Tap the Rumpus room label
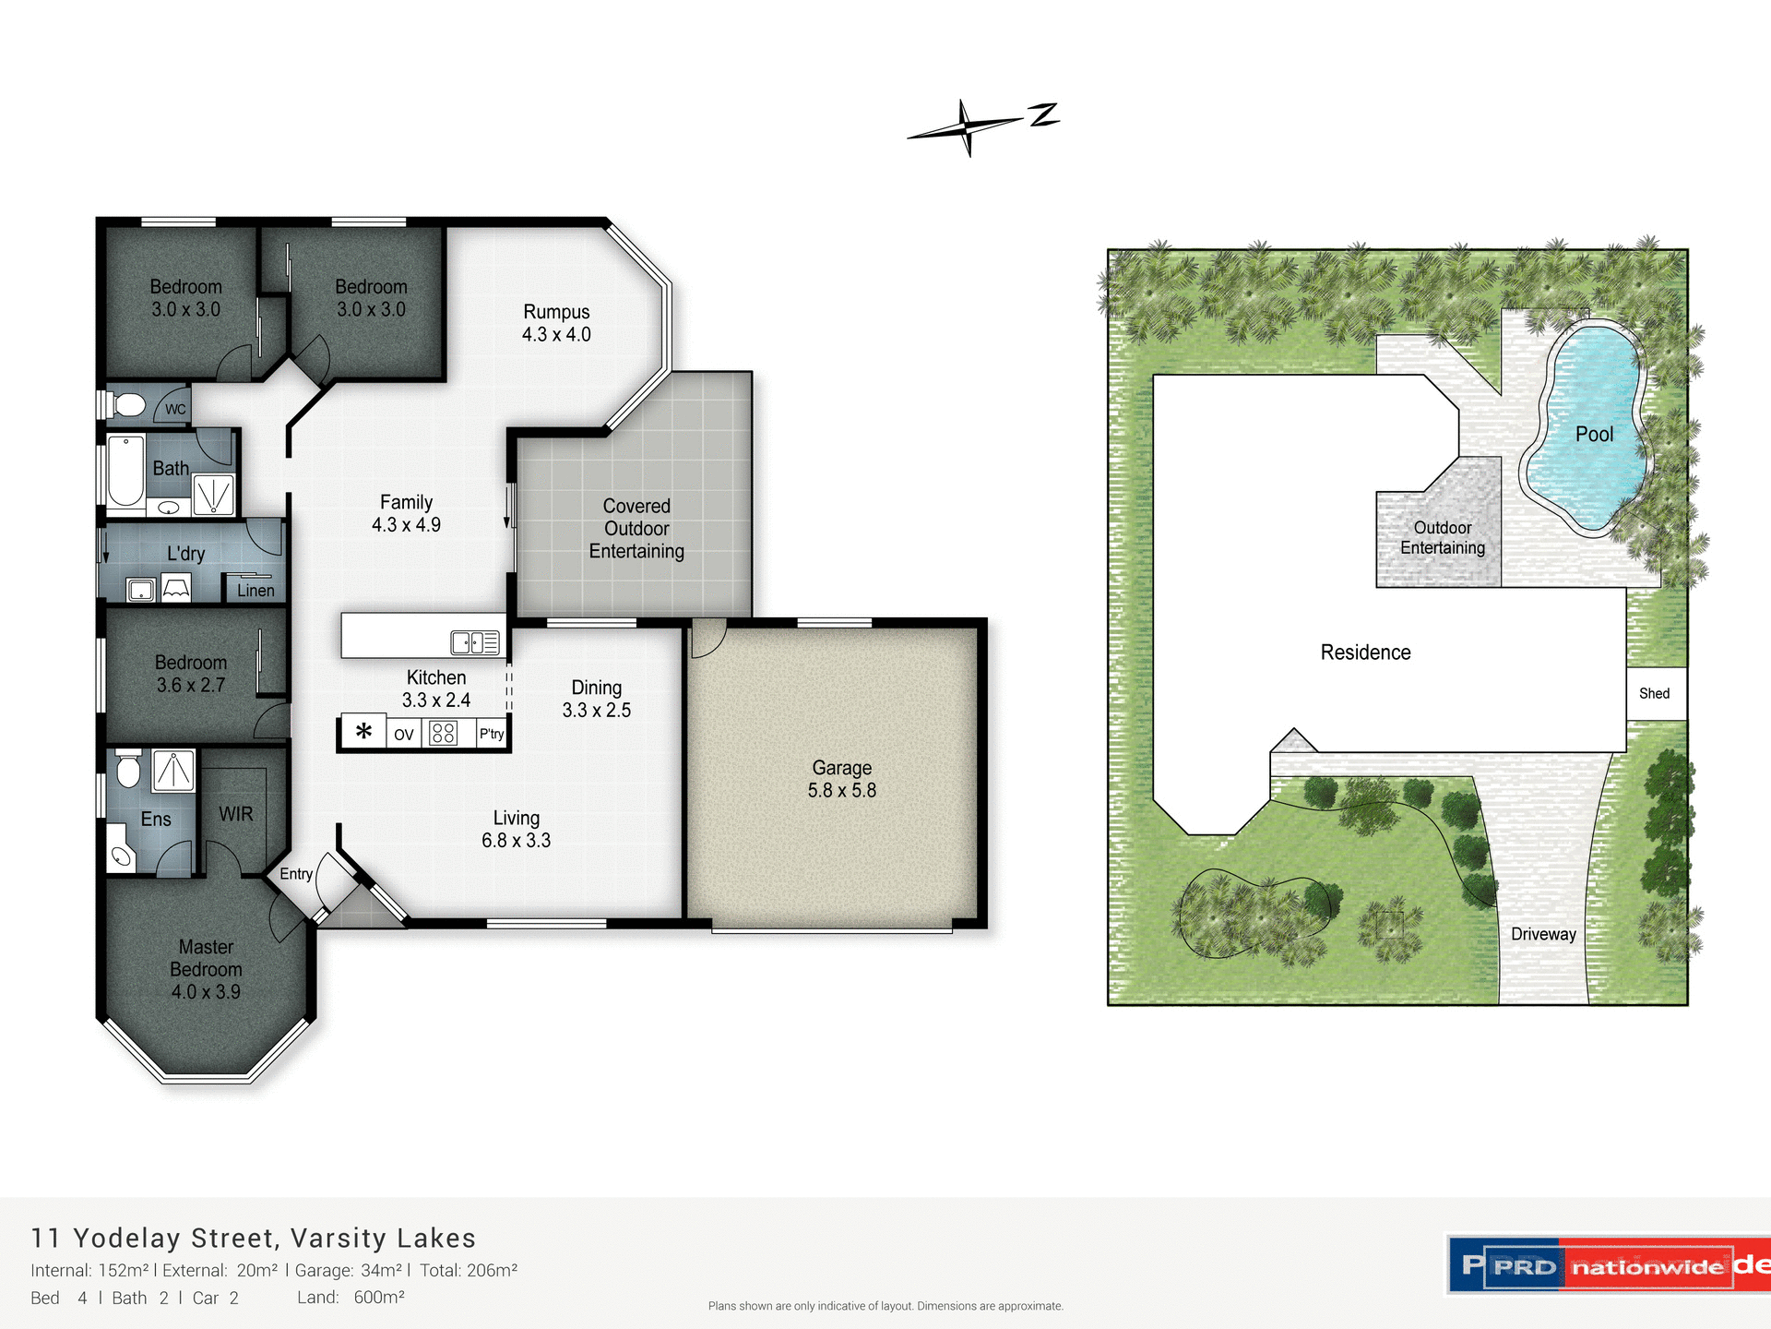pos(556,312)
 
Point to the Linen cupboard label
pos(256,591)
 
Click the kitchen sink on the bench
pos(474,642)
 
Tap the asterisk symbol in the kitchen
pos(363,732)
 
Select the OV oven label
pos(403,735)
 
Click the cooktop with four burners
pos(444,733)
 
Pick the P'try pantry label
pos(492,734)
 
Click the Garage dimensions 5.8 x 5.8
pos(841,791)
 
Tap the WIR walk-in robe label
pos(235,814)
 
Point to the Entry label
pos(296,874)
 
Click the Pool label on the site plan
pos(1594,434)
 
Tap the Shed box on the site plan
pos(1655,693)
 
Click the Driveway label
pos(1543,934)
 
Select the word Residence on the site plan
pos(1365,653)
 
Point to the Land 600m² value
pos(378,1298)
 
